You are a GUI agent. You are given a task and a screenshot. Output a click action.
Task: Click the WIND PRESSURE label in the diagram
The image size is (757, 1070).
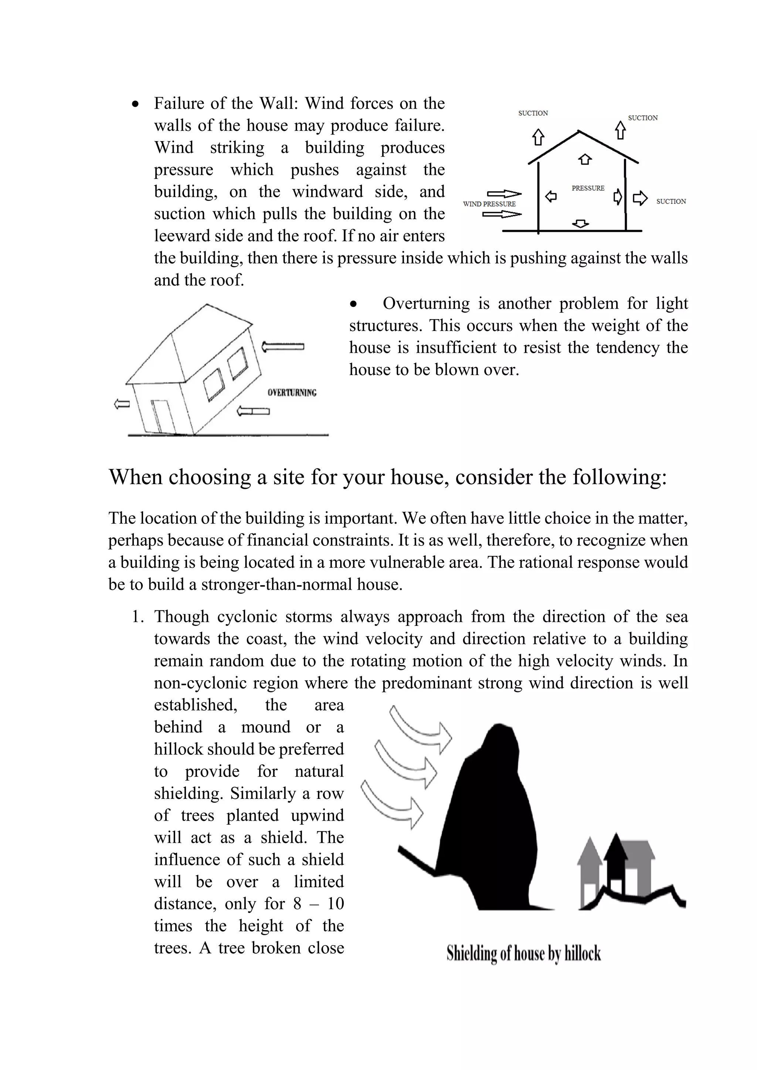489,204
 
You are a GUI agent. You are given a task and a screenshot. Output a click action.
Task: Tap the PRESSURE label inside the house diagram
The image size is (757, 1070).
588,188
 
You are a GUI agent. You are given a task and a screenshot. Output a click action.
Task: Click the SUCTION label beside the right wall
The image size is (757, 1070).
671,201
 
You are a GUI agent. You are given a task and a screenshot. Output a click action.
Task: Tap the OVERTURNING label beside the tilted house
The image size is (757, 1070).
292,392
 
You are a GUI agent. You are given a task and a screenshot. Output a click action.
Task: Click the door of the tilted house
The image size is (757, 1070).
161,416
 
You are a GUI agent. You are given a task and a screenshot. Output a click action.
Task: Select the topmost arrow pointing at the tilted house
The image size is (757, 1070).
282,347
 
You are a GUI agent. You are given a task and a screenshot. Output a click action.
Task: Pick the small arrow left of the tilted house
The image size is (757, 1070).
122,404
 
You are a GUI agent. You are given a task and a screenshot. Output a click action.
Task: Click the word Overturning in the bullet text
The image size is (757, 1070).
426,303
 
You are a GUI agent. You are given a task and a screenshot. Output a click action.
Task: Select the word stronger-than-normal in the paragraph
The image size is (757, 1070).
277,585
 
